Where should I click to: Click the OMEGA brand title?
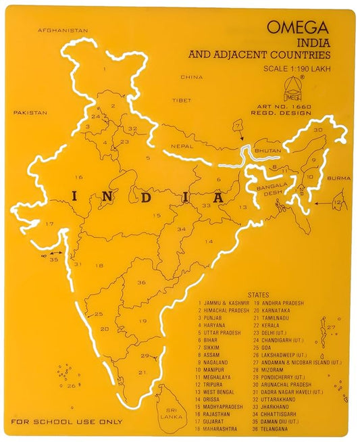[x=298, y=28]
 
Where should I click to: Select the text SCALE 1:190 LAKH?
[x=297, y=68]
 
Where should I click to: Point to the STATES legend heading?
[x=259, y=295]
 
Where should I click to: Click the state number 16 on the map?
[x=79, y=178]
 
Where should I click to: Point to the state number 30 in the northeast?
[x=317, y=128]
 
